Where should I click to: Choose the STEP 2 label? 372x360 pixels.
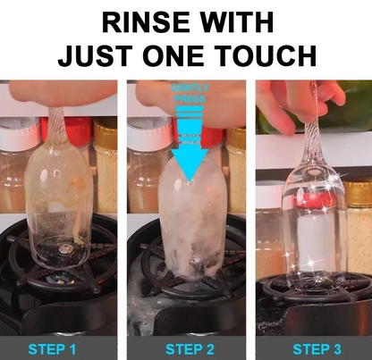point(185,347)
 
